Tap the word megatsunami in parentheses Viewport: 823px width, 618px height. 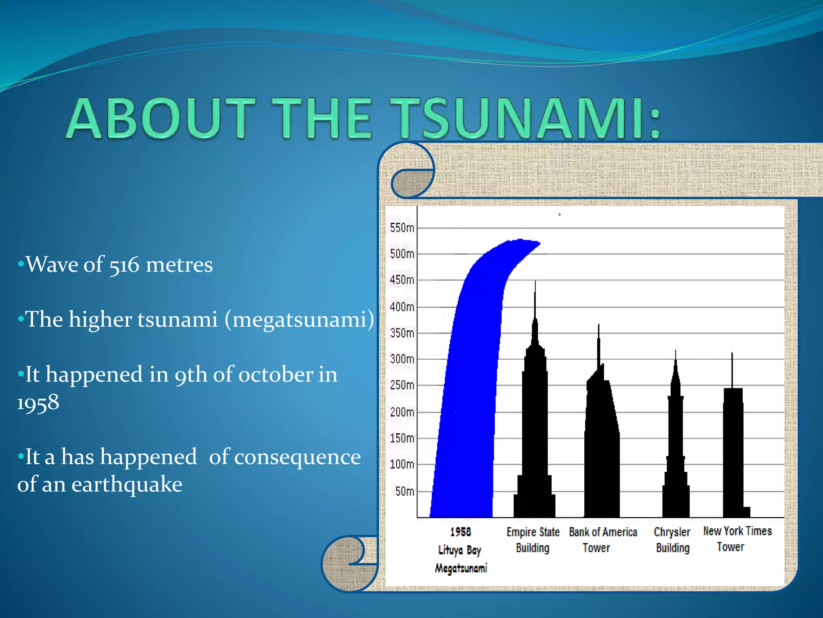coord(299,319)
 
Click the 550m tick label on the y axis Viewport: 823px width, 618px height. coord(401,228)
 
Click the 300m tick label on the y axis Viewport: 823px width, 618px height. coord(401,358)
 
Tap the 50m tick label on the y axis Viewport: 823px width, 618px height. coord(404,491)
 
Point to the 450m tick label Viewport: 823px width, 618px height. coord(401,280)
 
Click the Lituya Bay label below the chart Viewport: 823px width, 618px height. coord(460,550)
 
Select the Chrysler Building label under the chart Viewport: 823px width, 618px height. coord(672,540)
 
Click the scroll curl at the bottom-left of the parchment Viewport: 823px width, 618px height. coord(348,563)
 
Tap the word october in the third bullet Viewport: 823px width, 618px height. coord(276,375)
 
